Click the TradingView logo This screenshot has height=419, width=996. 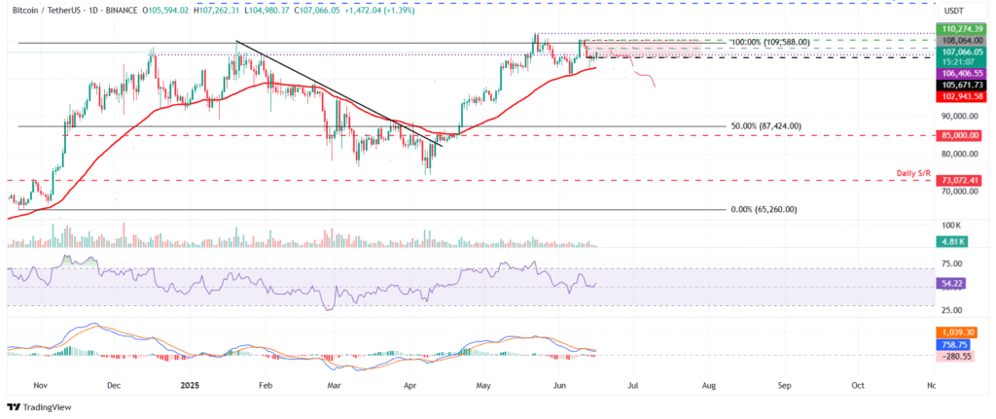pos(42,406)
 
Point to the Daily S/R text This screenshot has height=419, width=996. pos(915,172)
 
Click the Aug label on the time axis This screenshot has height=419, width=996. pos(708,385)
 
